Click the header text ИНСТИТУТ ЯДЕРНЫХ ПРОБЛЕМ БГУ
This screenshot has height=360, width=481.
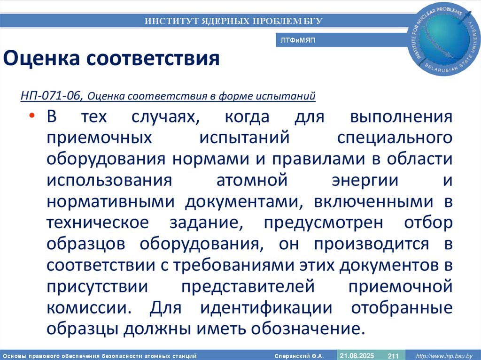click(x=233, y=21)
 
